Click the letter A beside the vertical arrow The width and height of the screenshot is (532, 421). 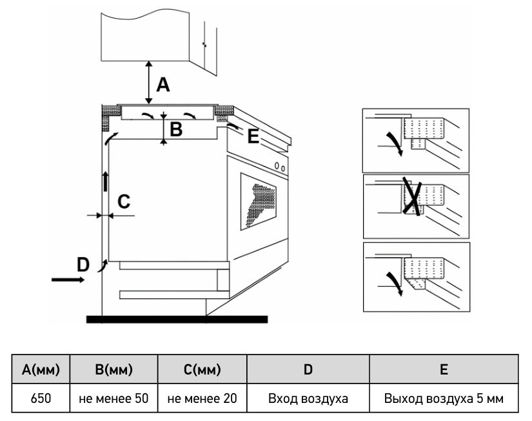click(163, 85)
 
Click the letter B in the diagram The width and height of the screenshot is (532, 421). click(176, 129)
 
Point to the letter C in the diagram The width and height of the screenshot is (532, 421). click(124, 201)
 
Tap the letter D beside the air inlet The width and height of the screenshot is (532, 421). click(83, 265)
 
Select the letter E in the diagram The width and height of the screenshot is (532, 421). click(253, 137)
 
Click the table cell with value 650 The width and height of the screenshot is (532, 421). click(41, 398)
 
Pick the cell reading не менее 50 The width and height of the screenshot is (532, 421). click(113, 398)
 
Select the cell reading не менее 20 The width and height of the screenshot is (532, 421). click(202, 398)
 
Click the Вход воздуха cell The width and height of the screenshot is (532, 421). click(308, 398)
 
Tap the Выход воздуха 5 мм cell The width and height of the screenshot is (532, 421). click(444, 398)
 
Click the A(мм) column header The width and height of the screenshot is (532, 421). click(41, 369)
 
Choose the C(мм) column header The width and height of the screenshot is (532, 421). click(202, 369)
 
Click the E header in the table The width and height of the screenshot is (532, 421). click(444, 369)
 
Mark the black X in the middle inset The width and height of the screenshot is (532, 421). click(412, 196)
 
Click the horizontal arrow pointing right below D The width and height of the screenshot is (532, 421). click(68, 280)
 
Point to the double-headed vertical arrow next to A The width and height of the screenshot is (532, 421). click(148, 83)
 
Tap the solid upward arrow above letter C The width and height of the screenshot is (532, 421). click(106, 181)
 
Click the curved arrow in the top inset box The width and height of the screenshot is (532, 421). click(395, 144)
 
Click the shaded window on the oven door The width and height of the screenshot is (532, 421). click(258, 201)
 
